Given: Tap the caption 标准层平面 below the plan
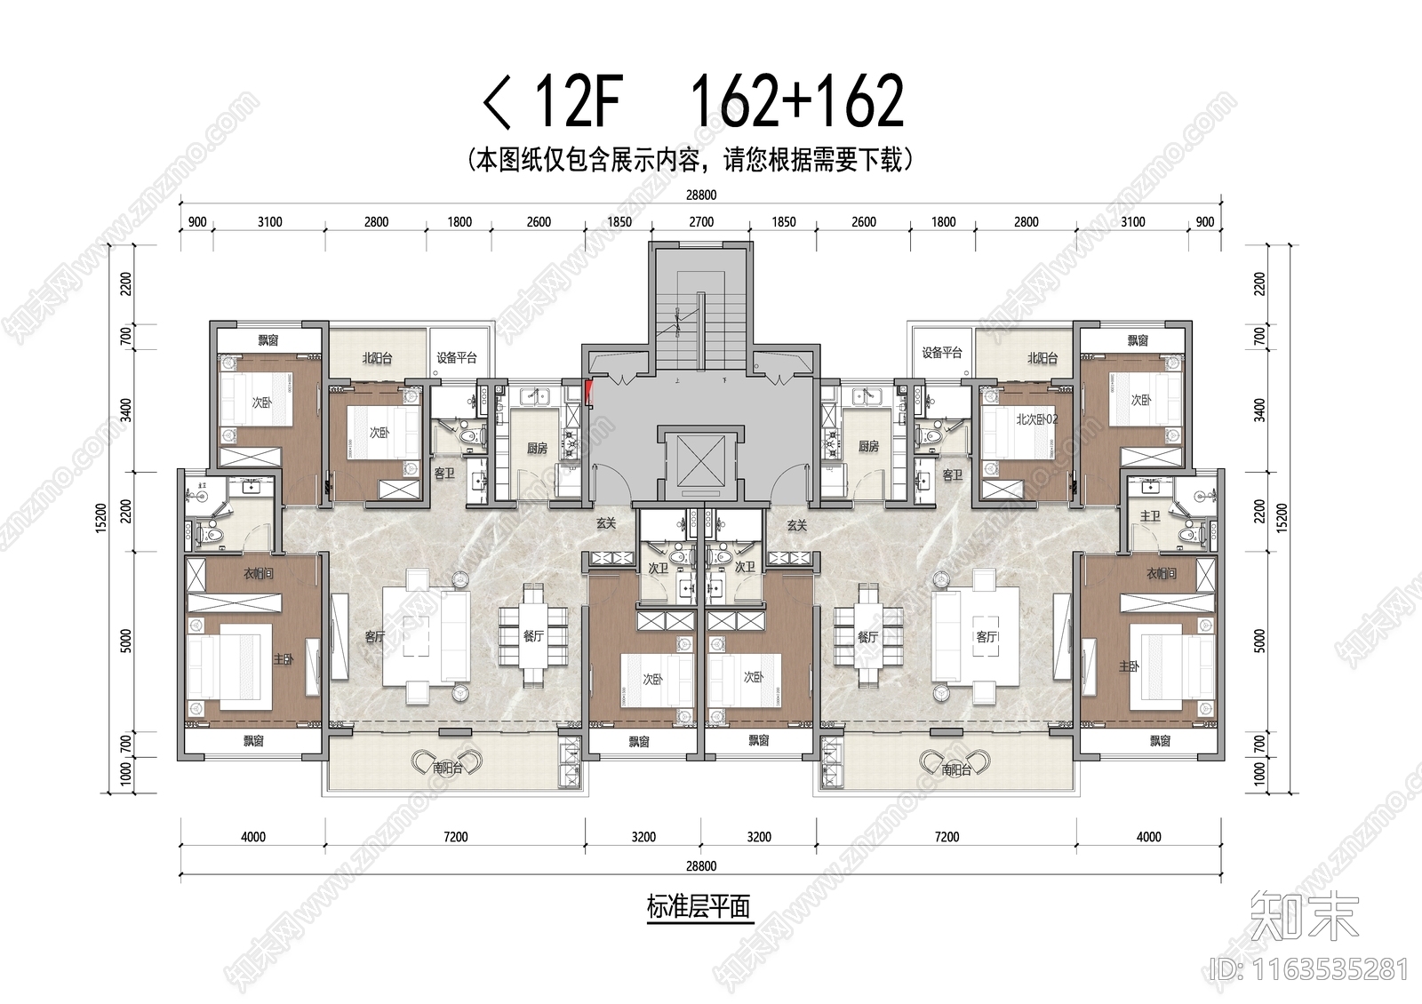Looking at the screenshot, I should [x=699, y=907].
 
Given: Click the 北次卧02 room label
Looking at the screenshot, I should [x=1036, y=419].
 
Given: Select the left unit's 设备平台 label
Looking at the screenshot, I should [x=456, y=358].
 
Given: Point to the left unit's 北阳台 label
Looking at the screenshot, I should [x=377, y=358].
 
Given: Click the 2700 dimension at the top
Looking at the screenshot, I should [x=701, y=222].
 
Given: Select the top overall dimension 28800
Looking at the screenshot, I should [x=701, y=195].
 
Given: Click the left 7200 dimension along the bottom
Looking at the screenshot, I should [x=455, y=837].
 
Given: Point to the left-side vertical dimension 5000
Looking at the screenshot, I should [x=126, y=641].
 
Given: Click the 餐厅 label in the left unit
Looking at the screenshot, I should [x=532, y=636].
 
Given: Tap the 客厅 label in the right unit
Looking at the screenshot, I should [x=987, y=636].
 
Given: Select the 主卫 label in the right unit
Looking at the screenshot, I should [x=1150, y=516].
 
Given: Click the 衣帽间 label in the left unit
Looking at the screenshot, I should [x=259, y=574].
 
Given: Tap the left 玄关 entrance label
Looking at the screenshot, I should [x=606, y=524].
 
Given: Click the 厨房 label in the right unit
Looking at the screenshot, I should [x=868, y=446].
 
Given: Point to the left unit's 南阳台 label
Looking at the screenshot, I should [x=447, y=769].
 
